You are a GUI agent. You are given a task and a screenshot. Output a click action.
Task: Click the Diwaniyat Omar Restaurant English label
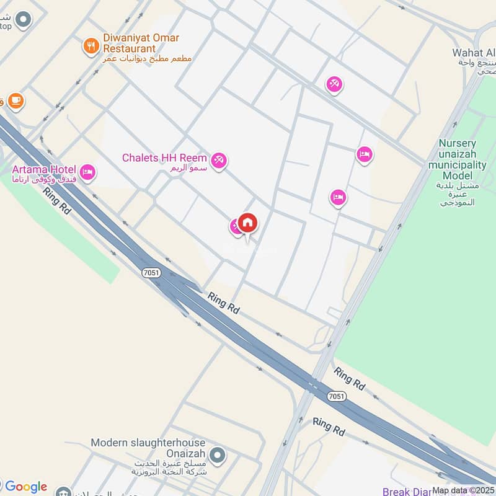pyautogui.click(x=141, y=43)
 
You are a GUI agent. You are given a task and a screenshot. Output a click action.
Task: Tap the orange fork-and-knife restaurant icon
pyautogui.click(x=91, y=45)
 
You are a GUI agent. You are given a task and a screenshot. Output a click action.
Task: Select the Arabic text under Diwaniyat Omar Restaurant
pyautogui.click(x=148, y=58)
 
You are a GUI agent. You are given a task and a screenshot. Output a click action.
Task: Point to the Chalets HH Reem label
pyautogui.click(x=165, y=157)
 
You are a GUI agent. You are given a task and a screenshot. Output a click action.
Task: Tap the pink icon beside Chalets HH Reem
pyautogui.click(x=218, y=161)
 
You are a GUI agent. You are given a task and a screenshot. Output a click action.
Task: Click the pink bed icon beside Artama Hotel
pyautogui.click(x=87, y=172)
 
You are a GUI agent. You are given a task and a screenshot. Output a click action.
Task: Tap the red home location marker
pyautogui.click(x=247, y=223)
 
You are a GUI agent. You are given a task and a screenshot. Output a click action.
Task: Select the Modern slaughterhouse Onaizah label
pyautogui.click(x=149, y=448)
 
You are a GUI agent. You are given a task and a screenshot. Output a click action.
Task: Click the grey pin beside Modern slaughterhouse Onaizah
pyautogui.click(x=216, y=456)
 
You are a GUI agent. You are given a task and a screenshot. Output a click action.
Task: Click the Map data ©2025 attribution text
pyautogui.click(x=463, y=490)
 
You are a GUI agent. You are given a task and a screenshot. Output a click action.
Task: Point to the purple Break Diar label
pyautogui.click(x=406, y=492)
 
